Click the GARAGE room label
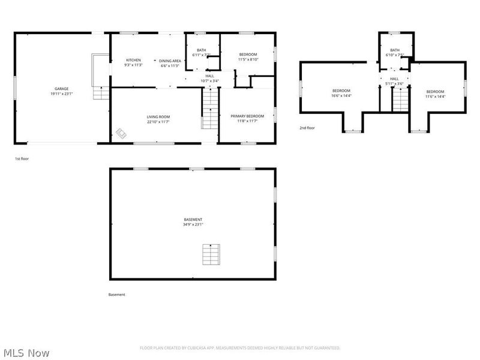(x=62, y=88)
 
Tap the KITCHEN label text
(x=133, y=60)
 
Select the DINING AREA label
(x=170, y=61)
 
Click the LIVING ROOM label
(x=158, y=116)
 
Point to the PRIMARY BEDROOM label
(x=247, y=116)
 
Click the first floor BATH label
(x=201, y=50)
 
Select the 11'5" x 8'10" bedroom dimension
(x=248, y=59)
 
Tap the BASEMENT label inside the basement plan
(x=193, y=220)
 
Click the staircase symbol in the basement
(x=209, y=255)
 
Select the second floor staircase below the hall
(x=400, y=99)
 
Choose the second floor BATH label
(x=394, y=50)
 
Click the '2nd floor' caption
(x=307, y=128)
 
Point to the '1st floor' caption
(x=22, y=159)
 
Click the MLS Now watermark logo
(x=26, y=353)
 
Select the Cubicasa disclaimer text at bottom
(x=240, y=348)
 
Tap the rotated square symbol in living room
(x=121, y=133)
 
